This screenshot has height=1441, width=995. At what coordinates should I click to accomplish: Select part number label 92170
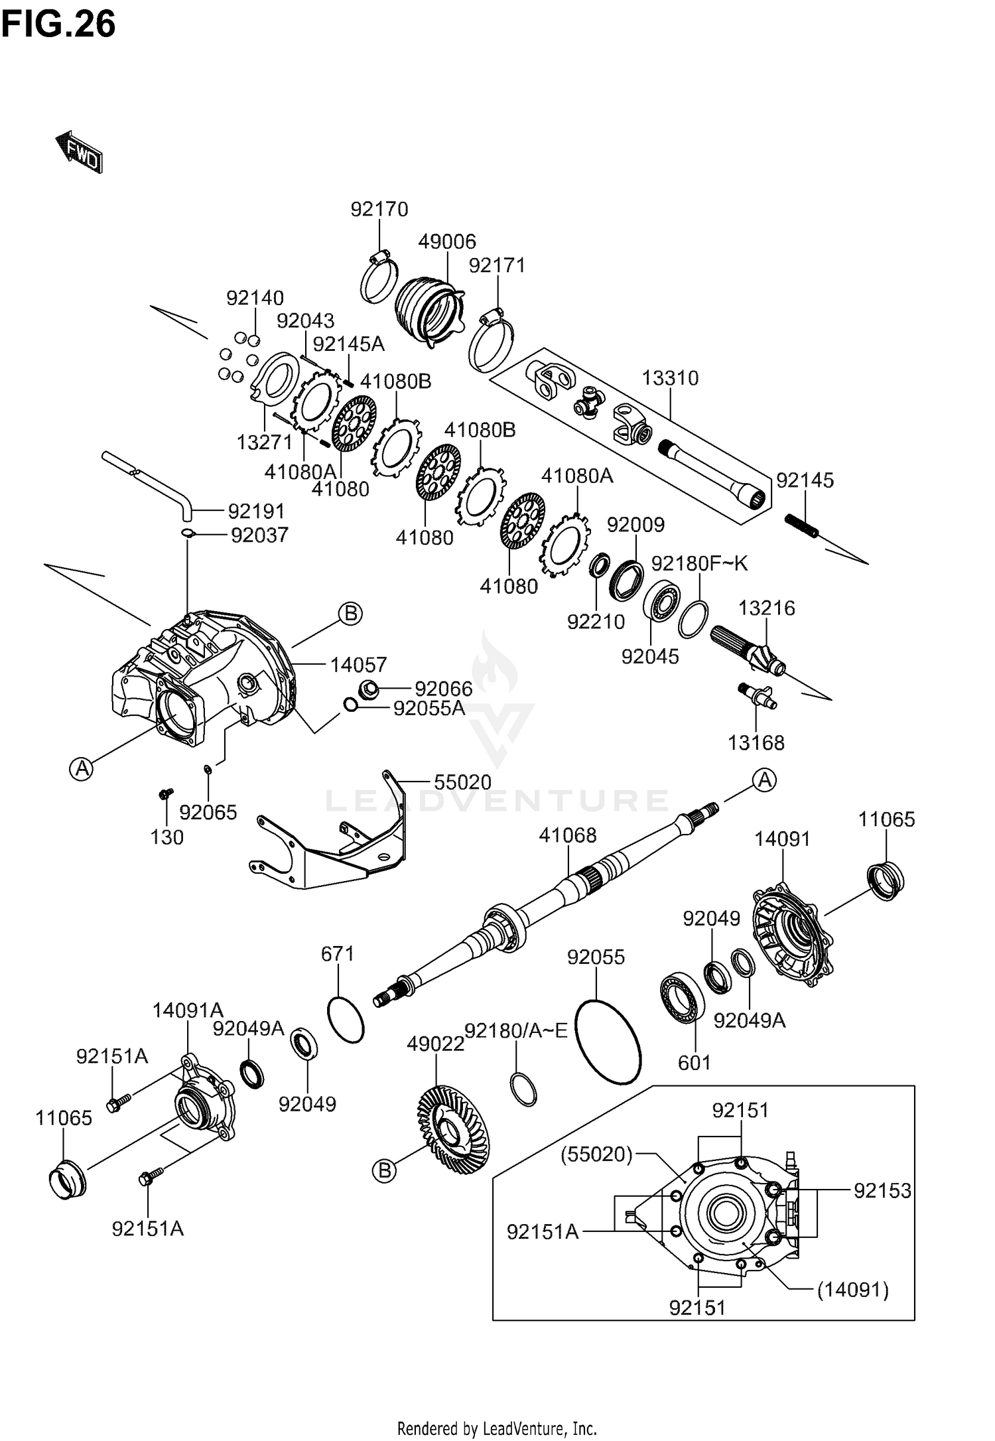(379, 209)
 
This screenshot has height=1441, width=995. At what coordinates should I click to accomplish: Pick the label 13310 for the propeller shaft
(670, 378)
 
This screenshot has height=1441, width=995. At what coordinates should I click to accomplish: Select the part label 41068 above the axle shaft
(568, 835)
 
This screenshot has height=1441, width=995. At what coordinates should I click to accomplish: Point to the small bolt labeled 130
(165, 793)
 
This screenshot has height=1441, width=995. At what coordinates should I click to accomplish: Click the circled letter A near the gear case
(82, 769)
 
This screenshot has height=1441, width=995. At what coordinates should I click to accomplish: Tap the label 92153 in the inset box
(882, 1191)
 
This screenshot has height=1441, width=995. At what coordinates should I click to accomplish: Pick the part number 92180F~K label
(699, 563)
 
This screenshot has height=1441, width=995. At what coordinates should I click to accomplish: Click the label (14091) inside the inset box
(852, 1290)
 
